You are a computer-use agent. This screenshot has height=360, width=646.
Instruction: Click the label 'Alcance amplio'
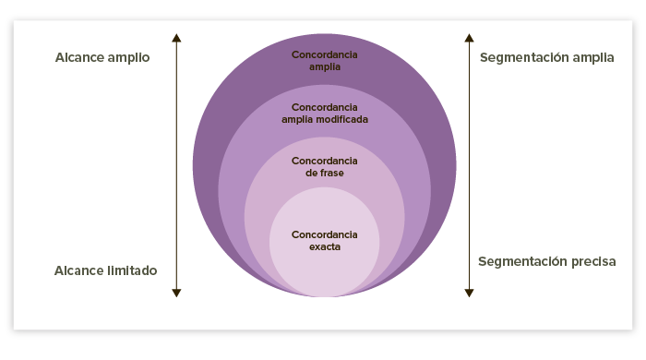pyautogui.click(x=102, y=57)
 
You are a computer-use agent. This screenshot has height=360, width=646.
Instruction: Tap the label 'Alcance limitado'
pyautogui.click(x=105, y=270)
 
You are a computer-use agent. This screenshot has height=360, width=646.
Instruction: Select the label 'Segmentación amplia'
pyautogui.click(x=546, y=57)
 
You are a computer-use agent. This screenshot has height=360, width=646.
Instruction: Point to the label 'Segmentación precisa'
pyautogui.click(x=546, y=261)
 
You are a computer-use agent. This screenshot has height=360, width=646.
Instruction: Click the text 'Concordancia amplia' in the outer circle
pyautogui.click(x=324, y=60)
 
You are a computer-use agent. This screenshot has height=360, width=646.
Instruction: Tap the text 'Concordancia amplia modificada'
pyautogui.click(x=324, y=114)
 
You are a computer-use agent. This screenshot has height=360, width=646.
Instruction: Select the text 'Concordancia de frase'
pyautogui.click(x=324, y=166)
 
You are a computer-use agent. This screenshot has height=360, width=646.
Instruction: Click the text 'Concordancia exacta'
pyautogui.click(x=324, y=240)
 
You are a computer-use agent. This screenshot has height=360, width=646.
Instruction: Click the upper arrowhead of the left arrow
pyautogui.click(x=176, y=38)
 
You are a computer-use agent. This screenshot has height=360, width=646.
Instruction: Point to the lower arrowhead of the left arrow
pyautogui.click(x=176, y=293)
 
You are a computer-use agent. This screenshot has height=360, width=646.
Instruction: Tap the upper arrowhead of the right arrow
pyautogui.click(x=469, y=38)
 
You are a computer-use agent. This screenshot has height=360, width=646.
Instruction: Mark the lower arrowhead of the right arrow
pyautogui.click(x=469, y=293)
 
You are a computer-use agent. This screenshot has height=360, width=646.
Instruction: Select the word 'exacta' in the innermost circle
pyautogui.click(x=324, y=246)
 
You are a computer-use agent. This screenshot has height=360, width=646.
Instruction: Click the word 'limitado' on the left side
pyautogui.click(x=129, y=270)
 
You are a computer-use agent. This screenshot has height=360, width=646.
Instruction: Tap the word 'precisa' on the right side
pyautogui.click(x=592, y=261)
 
